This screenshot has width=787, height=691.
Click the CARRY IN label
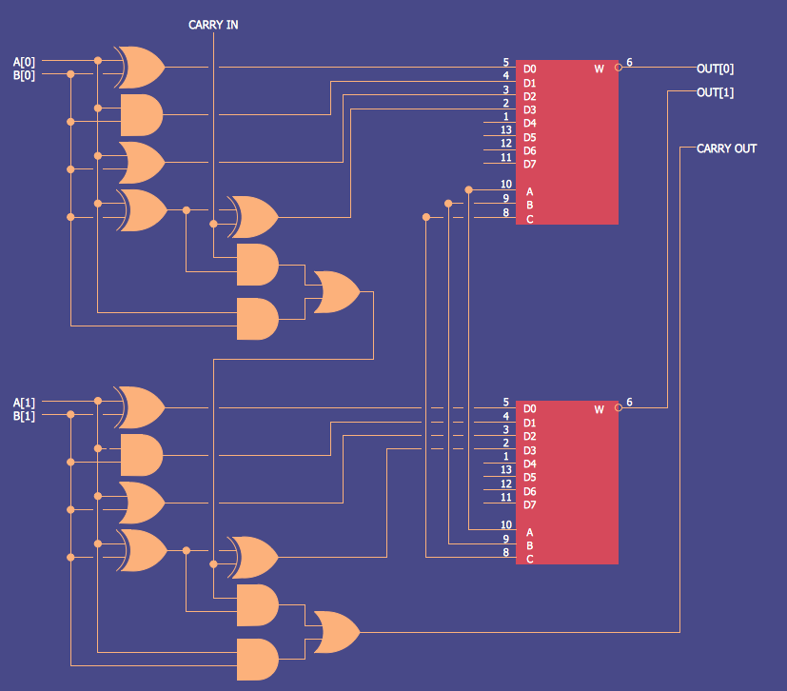tap(213, 25)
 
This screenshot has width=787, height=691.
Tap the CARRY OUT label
tap(726, 148)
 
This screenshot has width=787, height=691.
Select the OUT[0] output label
tap(715, 69)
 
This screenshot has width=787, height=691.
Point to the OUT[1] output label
tap(715, 92)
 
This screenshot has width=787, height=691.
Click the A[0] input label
tap(24, 62)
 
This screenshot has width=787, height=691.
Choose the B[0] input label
tap(24, 75)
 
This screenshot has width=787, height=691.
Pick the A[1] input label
tap(24, 402)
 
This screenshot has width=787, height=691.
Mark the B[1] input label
tap(24, 416)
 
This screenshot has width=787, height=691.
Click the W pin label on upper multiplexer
tap(599, 69)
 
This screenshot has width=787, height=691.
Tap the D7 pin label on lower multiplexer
tap(529, 504)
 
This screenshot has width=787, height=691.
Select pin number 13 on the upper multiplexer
tap(506, 129)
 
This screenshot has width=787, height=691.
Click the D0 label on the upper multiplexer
tap(529, 69)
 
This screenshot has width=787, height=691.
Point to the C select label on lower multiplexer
tap(529, 559)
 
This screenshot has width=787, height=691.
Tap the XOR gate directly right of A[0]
tap(139, 67)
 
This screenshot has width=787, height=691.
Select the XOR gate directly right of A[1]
tap(139, 407)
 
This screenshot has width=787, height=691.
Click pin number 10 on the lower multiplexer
tap(506, 524)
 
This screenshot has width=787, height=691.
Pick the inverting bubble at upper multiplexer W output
tap(619, 68)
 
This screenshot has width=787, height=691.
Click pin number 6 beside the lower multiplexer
tap(629, 403)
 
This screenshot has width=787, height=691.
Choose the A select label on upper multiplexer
tap(529, 191)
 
